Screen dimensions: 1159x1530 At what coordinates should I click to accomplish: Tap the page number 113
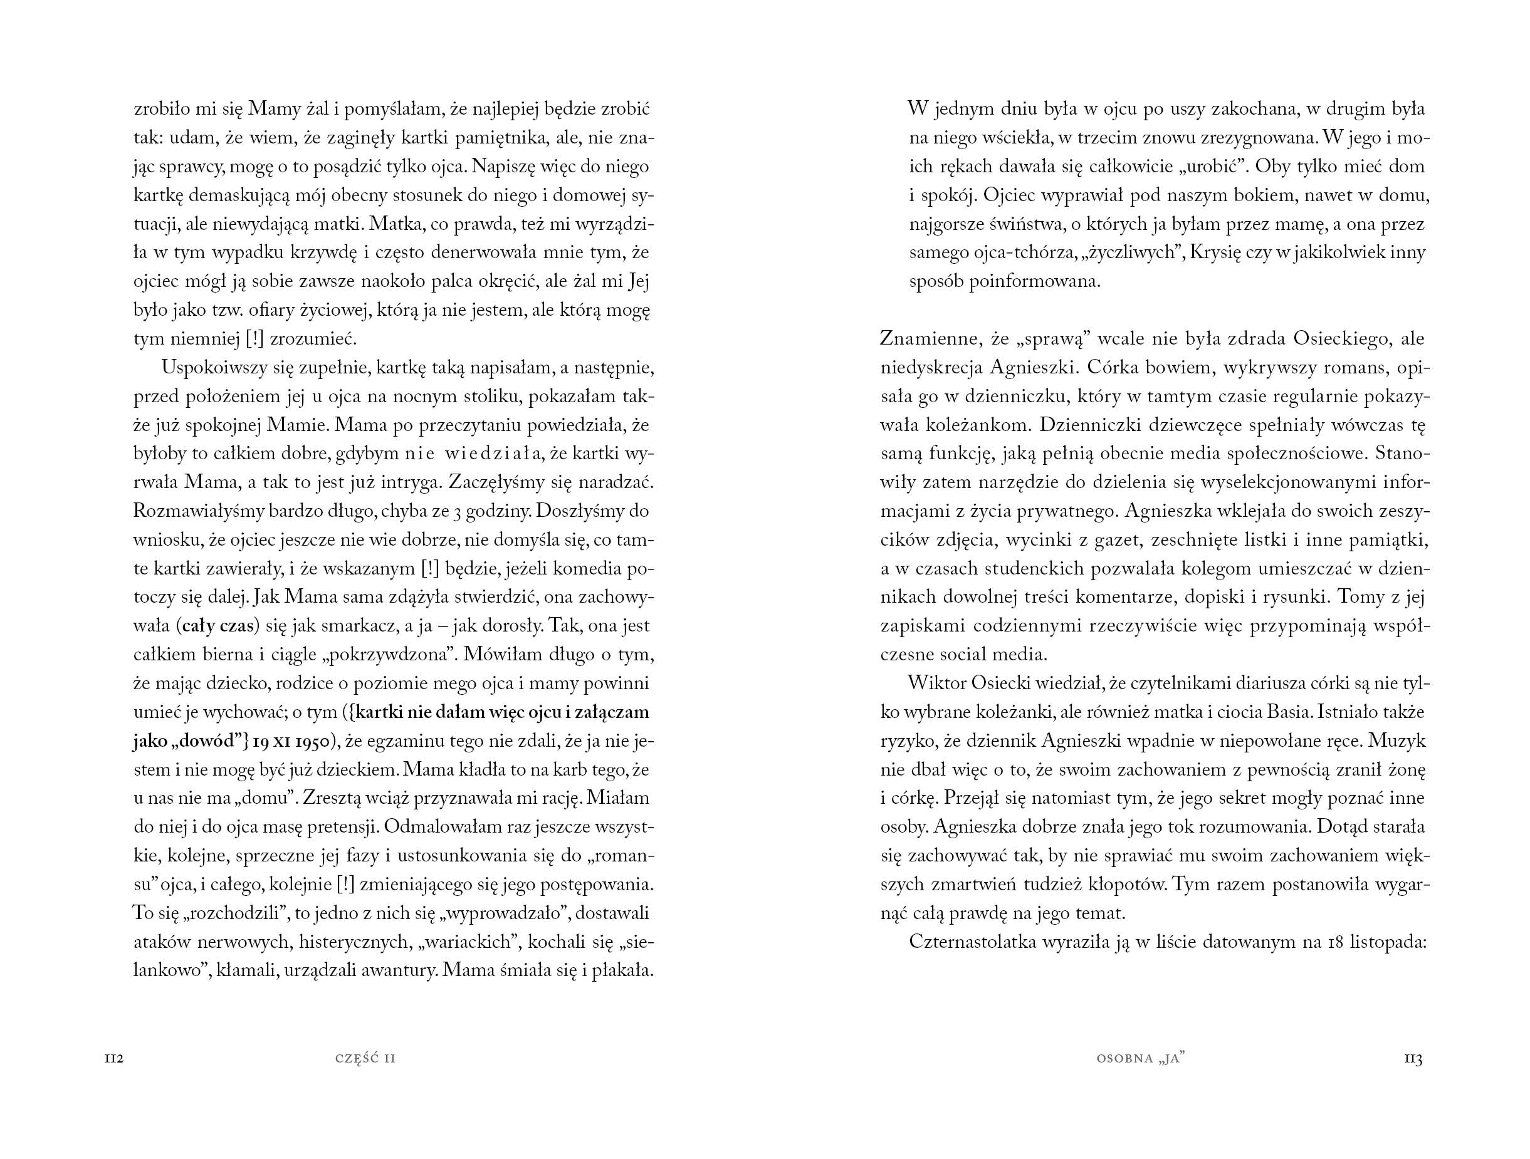1412,1059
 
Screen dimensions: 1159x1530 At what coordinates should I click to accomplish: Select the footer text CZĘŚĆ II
365,1059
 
